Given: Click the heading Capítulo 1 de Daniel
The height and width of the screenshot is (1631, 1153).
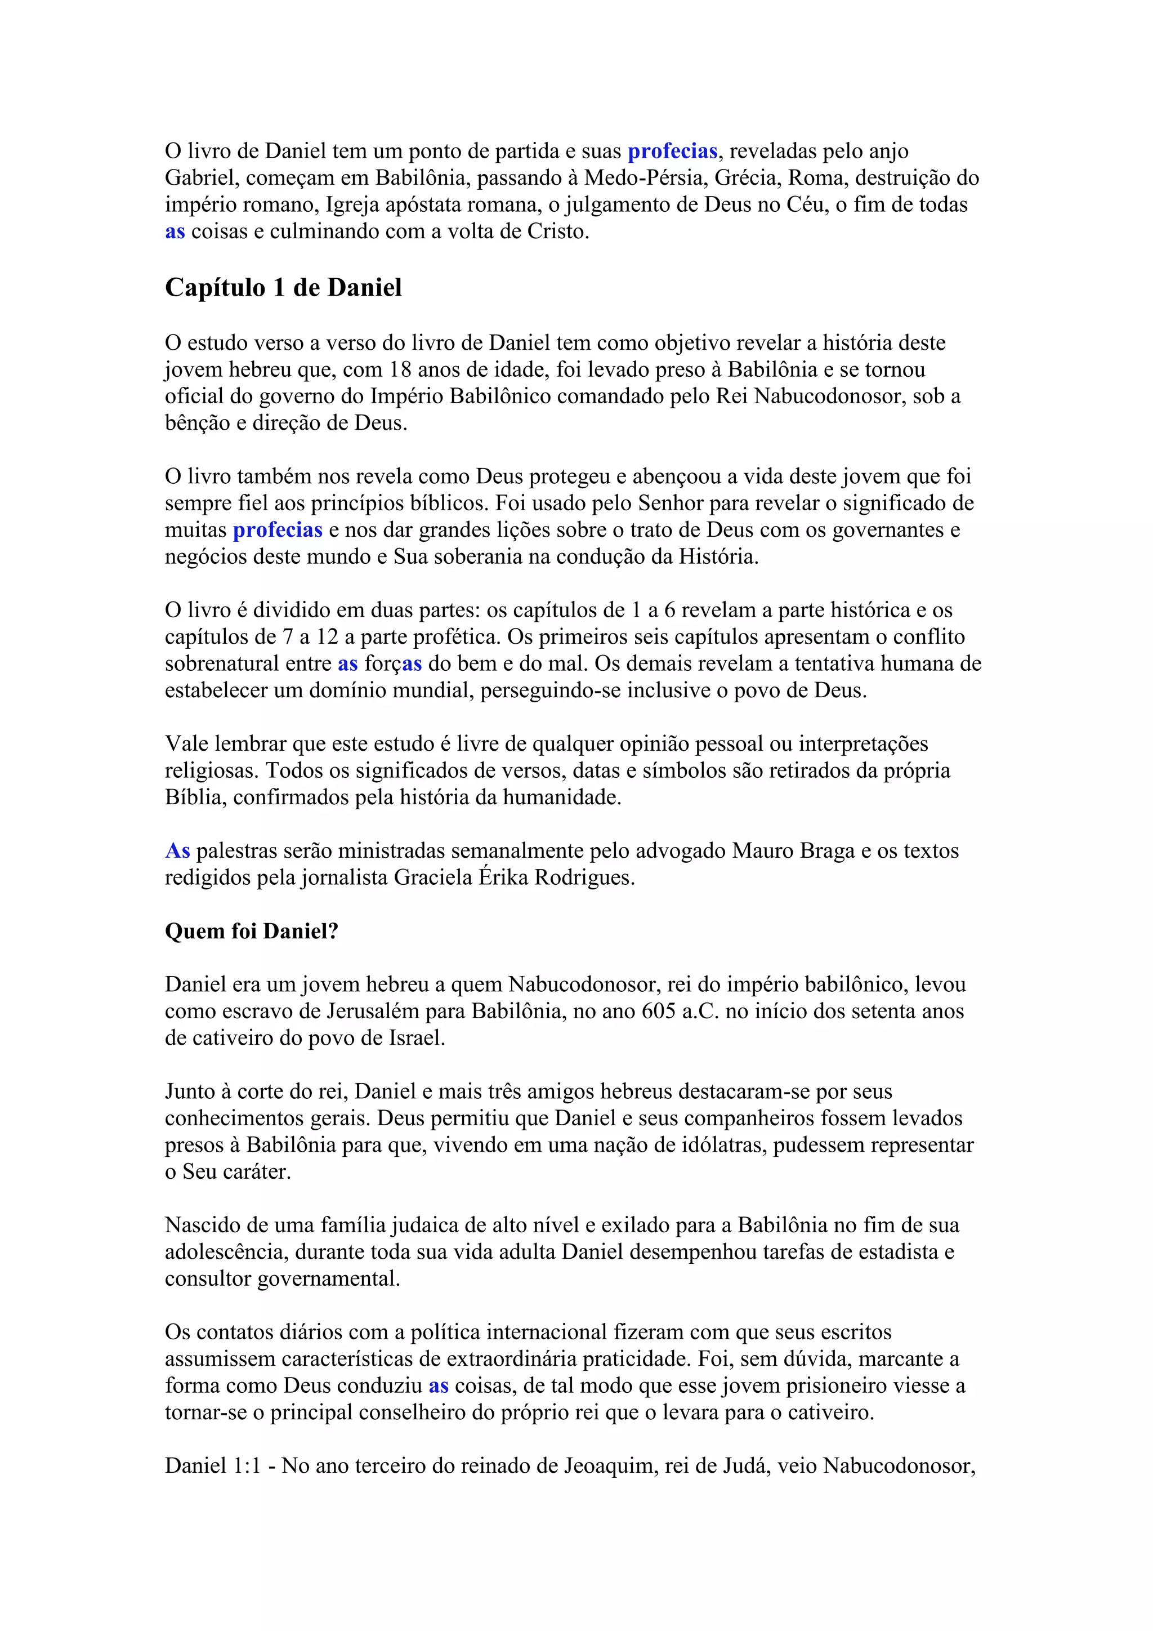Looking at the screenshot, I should (x=283, y=288).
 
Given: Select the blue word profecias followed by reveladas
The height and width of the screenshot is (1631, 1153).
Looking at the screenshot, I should (x=672, y=151).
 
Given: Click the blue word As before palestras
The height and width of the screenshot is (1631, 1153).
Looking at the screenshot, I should (x=177, y=851).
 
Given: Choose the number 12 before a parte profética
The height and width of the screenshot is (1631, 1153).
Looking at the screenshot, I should (x=327, y=637).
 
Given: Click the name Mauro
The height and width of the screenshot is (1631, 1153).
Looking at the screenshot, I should (x=761, y=851).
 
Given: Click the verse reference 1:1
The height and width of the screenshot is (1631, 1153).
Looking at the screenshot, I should (x=247, y=1465).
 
